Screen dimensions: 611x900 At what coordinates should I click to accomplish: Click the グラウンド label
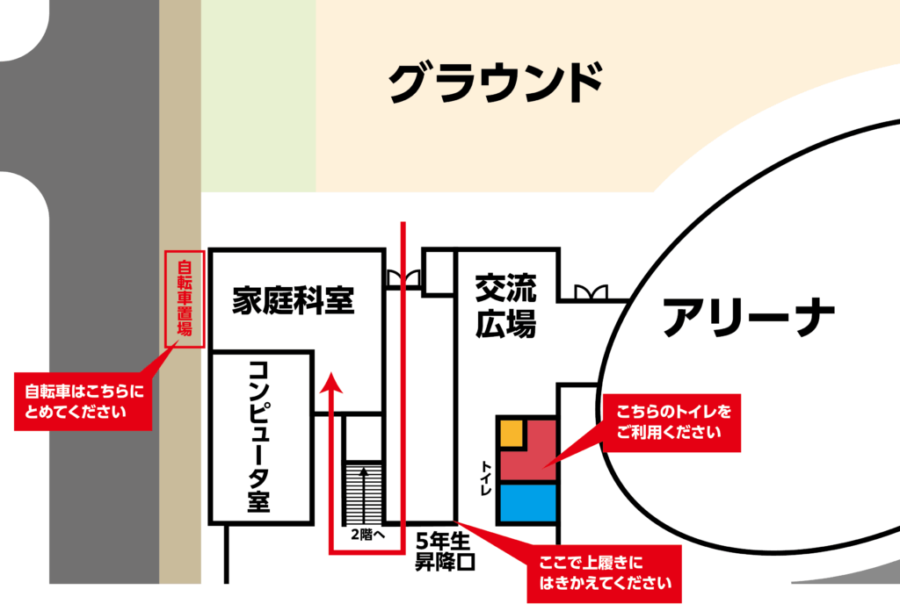496,84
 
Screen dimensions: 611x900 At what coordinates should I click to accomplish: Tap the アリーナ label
748,318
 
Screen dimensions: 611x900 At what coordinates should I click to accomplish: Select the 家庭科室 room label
293,301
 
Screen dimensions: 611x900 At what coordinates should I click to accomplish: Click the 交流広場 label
505,306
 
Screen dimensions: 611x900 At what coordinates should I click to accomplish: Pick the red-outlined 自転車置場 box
185,299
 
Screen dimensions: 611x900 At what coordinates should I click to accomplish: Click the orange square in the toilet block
512,433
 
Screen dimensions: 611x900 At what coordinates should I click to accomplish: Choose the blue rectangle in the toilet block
527,503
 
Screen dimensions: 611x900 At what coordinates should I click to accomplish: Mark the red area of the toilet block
532,456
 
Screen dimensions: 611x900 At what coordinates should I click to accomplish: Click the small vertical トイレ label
486,478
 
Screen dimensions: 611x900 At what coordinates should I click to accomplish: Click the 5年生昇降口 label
445,551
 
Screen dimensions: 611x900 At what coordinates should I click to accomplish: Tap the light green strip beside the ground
258,97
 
